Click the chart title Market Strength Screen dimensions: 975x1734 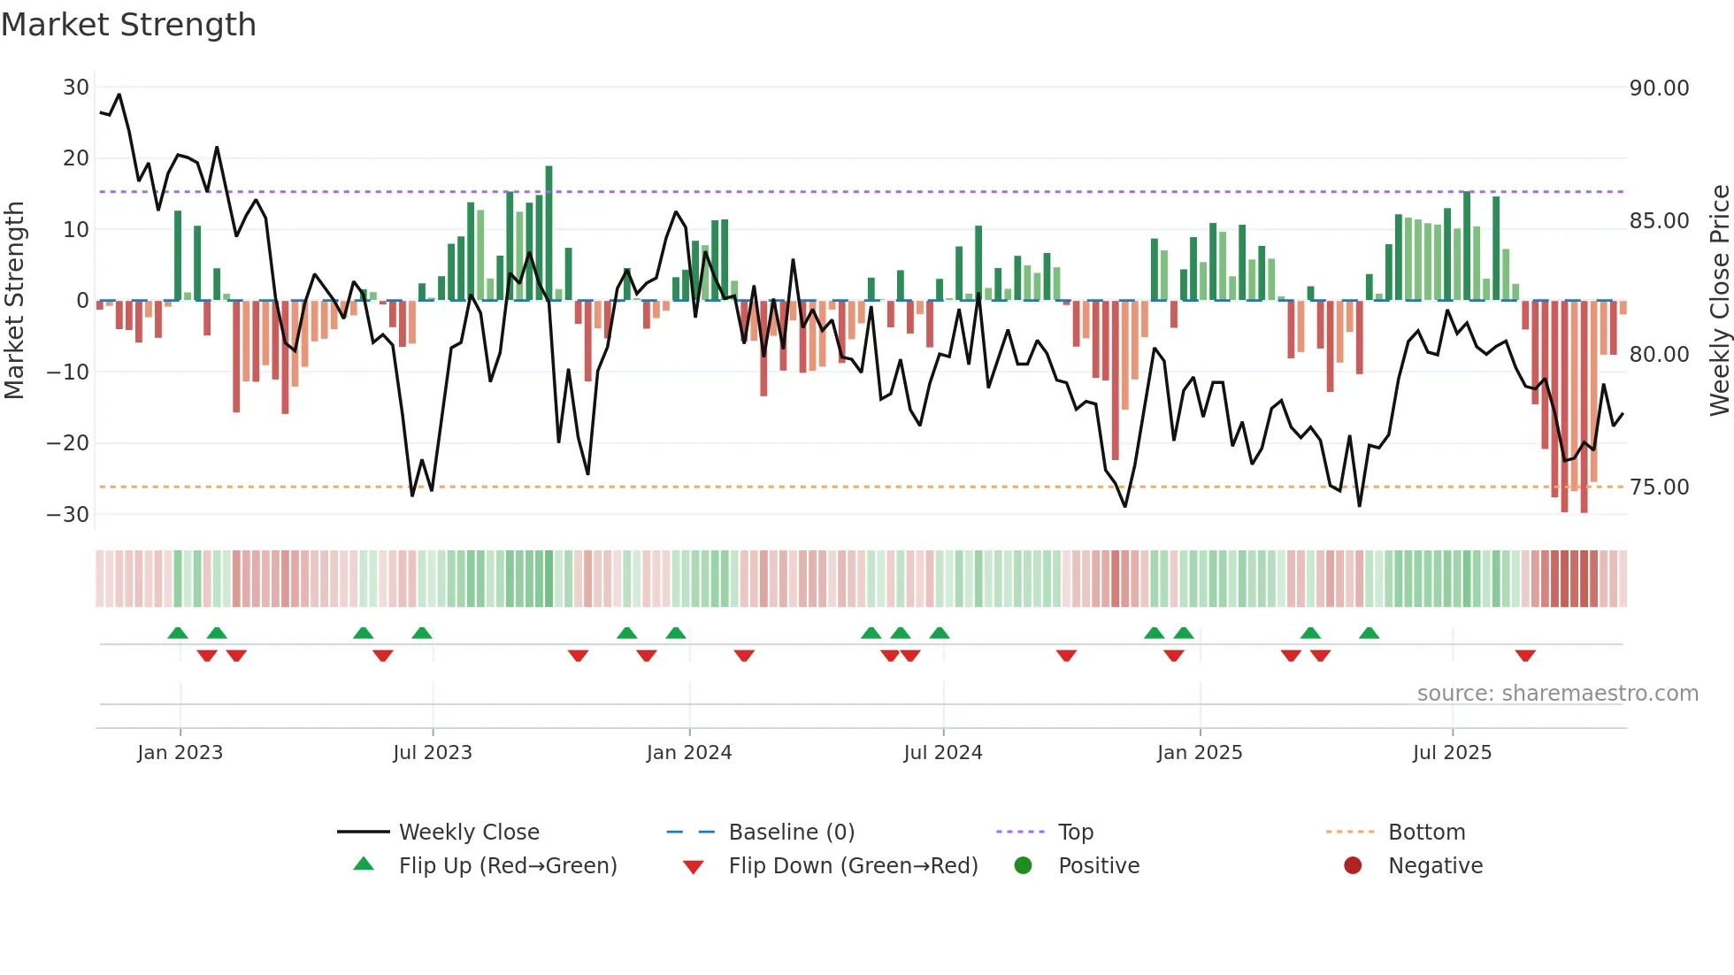[128, 25]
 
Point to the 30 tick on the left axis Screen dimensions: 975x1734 [76, 88]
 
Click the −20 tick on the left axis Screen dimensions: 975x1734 [69, 443]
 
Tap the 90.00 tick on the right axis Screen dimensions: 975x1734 [1659, 88]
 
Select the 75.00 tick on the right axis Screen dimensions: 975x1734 [1659, 487]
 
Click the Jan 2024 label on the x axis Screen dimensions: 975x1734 [689, 753]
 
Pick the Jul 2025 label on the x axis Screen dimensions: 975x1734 [1452, 753]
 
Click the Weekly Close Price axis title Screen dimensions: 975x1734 [1719, 301]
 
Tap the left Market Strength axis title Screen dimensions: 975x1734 [14, 301]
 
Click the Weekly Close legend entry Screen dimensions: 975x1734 [468, 833]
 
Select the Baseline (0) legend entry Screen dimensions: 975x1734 [791, 833]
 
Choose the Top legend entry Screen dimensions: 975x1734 [1075, 833]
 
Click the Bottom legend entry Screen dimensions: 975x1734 [1426, 833]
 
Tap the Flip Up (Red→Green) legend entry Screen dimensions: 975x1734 [507, 866]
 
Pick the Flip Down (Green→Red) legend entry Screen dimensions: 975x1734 [853, 866]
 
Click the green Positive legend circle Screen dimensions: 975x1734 [1024, 866]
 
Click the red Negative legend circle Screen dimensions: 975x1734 [1353, 866]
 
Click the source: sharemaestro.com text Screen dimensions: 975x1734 [1557, 694]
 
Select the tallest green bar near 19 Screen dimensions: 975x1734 [549, 232]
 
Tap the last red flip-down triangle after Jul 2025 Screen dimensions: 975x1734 [1525, 656]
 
